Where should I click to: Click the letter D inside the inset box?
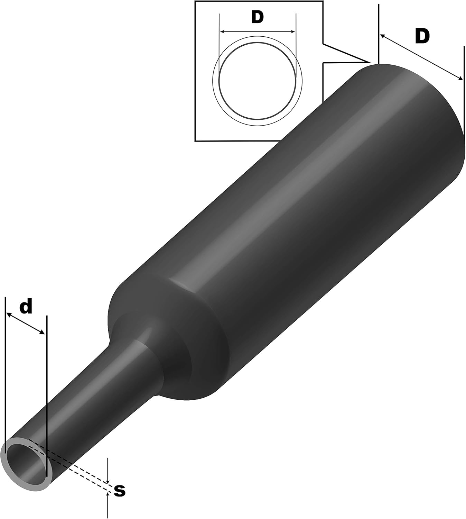[257, 18]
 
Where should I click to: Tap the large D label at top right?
[422, 36]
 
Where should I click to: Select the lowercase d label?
[26, 307]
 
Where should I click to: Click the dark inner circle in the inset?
[258, 81]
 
